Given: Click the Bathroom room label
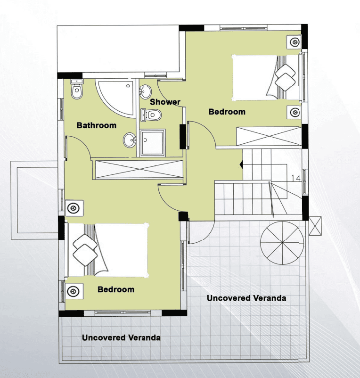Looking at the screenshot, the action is coord(97,125).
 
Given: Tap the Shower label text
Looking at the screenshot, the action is coord(165,102).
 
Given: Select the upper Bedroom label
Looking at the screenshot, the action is coord(227,112).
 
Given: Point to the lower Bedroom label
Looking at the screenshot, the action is coord(116,289).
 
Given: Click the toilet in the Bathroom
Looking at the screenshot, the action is coord(77,89).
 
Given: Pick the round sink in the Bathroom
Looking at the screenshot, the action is coord(130,140).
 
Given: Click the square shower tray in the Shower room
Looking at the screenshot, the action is coord(153,143).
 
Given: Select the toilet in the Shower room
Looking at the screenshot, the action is coord(151,115).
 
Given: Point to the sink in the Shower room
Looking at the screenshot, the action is coord(145,92).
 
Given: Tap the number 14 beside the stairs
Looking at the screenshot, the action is coord(295,178).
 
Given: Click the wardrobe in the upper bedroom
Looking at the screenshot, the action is coord(269,136).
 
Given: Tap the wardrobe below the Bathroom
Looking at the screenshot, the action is coord(139,170).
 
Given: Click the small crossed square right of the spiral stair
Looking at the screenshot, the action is coord(315,226).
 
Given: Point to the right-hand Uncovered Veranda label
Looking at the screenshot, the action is coord(246,298).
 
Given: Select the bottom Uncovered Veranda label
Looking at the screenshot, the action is coord(121,337).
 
